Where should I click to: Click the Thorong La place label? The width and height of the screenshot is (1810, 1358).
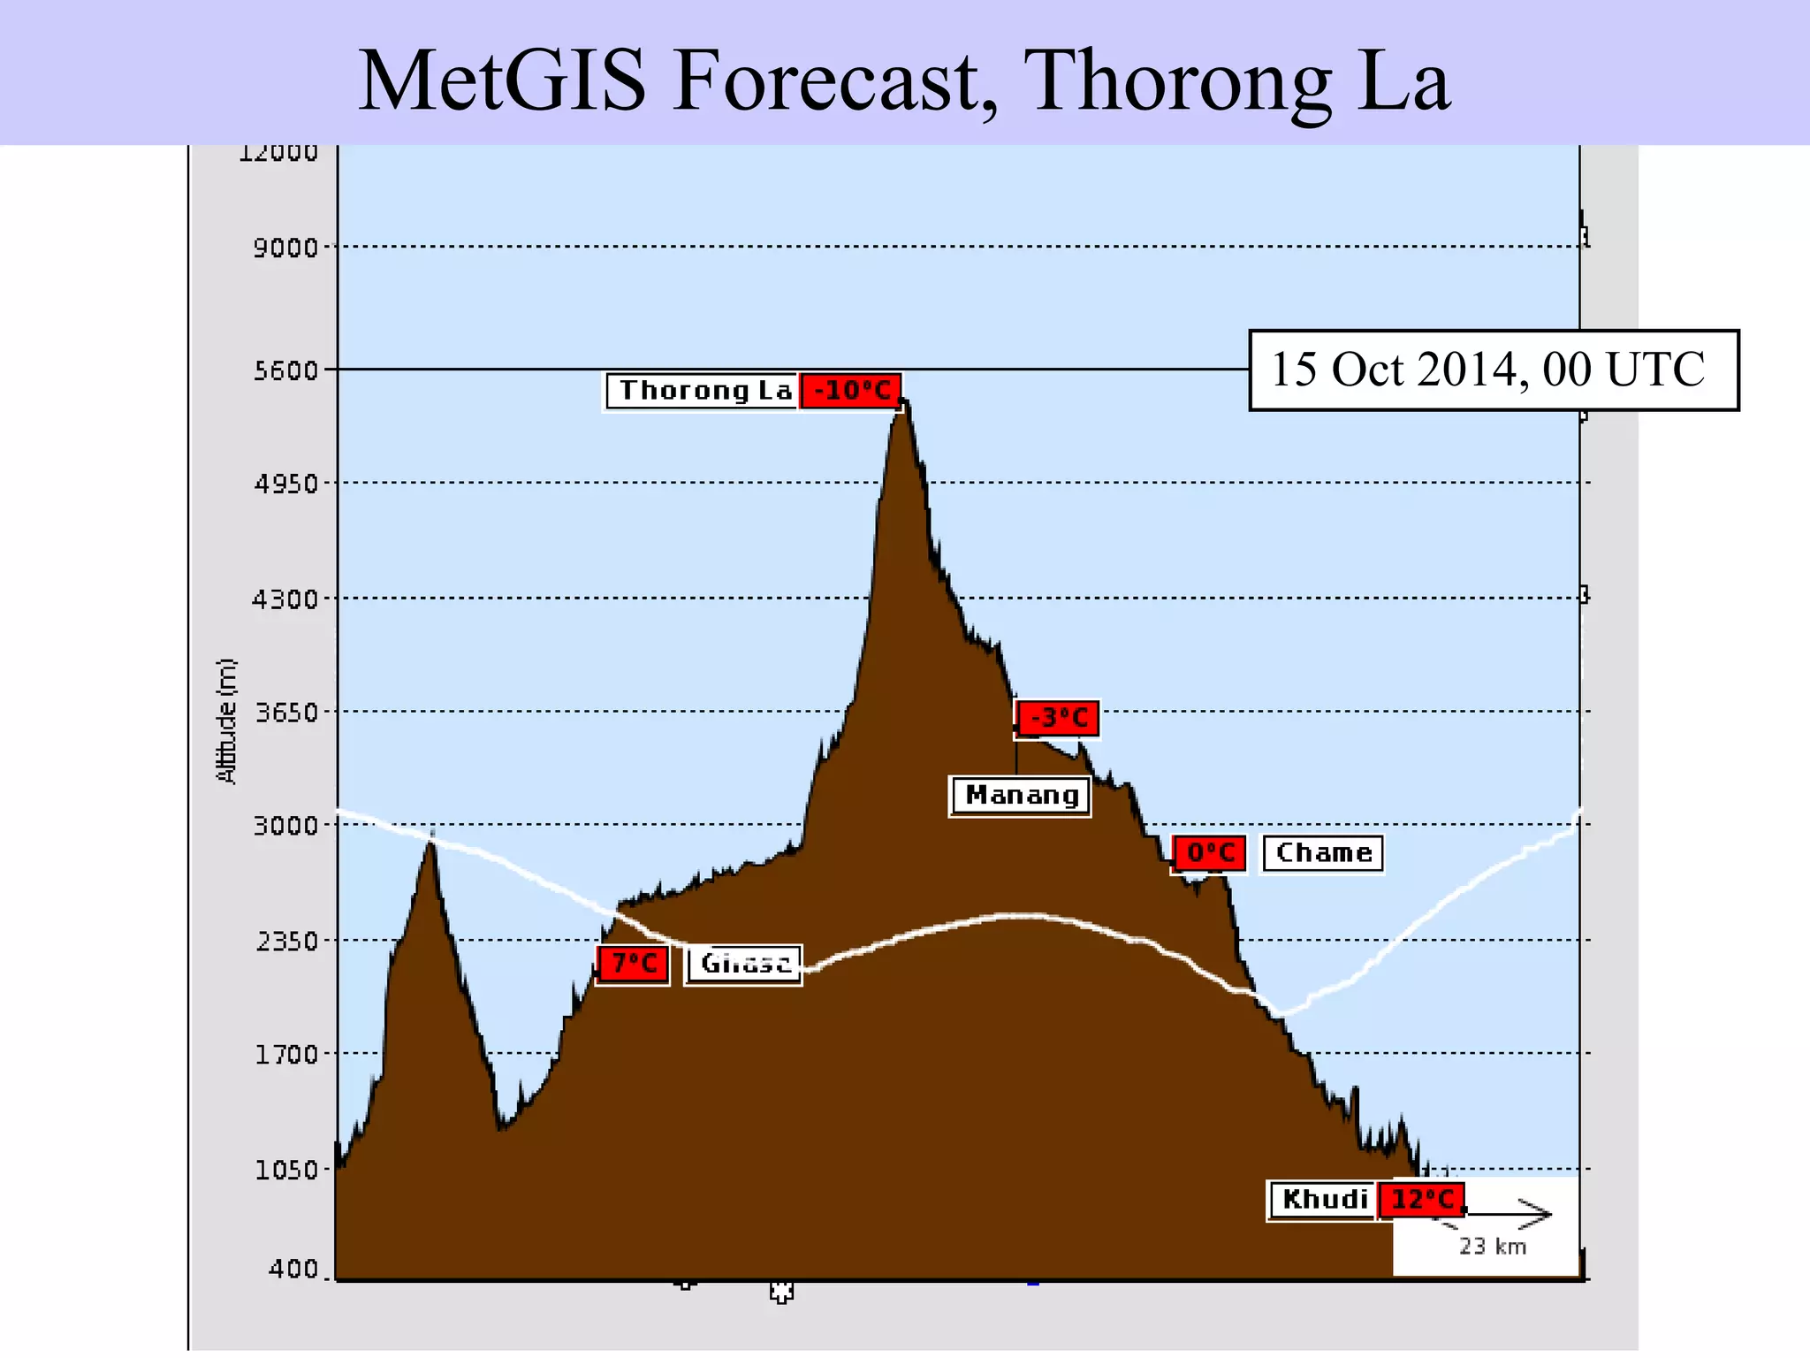[703, 391]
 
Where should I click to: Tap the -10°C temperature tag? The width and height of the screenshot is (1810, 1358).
[851, 391]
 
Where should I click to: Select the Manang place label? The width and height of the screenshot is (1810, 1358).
[1021, 796]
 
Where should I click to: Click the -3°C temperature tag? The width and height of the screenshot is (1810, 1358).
[1058, 718]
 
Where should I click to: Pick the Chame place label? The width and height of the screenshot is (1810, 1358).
[1323, 853]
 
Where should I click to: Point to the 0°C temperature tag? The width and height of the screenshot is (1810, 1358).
[1210, 853]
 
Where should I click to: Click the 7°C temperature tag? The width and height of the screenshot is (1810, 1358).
[634, 964]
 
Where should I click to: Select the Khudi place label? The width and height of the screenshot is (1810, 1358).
[1323, 1200]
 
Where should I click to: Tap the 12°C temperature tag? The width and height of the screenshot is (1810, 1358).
[1422, 1200]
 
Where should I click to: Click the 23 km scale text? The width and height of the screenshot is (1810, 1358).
[1492, 1247]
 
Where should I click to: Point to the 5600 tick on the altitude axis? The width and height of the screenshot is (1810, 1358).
[286, 370]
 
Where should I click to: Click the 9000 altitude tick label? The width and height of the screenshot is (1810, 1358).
[285, 248]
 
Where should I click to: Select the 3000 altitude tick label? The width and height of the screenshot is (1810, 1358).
[285, 826]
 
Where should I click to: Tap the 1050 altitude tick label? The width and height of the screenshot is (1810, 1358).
[285, 1170]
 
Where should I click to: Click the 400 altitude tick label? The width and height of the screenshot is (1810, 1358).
[293, 1270]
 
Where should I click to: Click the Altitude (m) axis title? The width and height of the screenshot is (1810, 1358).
[227, 721]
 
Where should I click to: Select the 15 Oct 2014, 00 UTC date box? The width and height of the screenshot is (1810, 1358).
[1494, 370]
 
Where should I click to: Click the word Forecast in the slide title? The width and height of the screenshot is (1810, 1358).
[834, 81]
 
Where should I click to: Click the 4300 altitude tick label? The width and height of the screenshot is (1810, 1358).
[285, 599]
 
